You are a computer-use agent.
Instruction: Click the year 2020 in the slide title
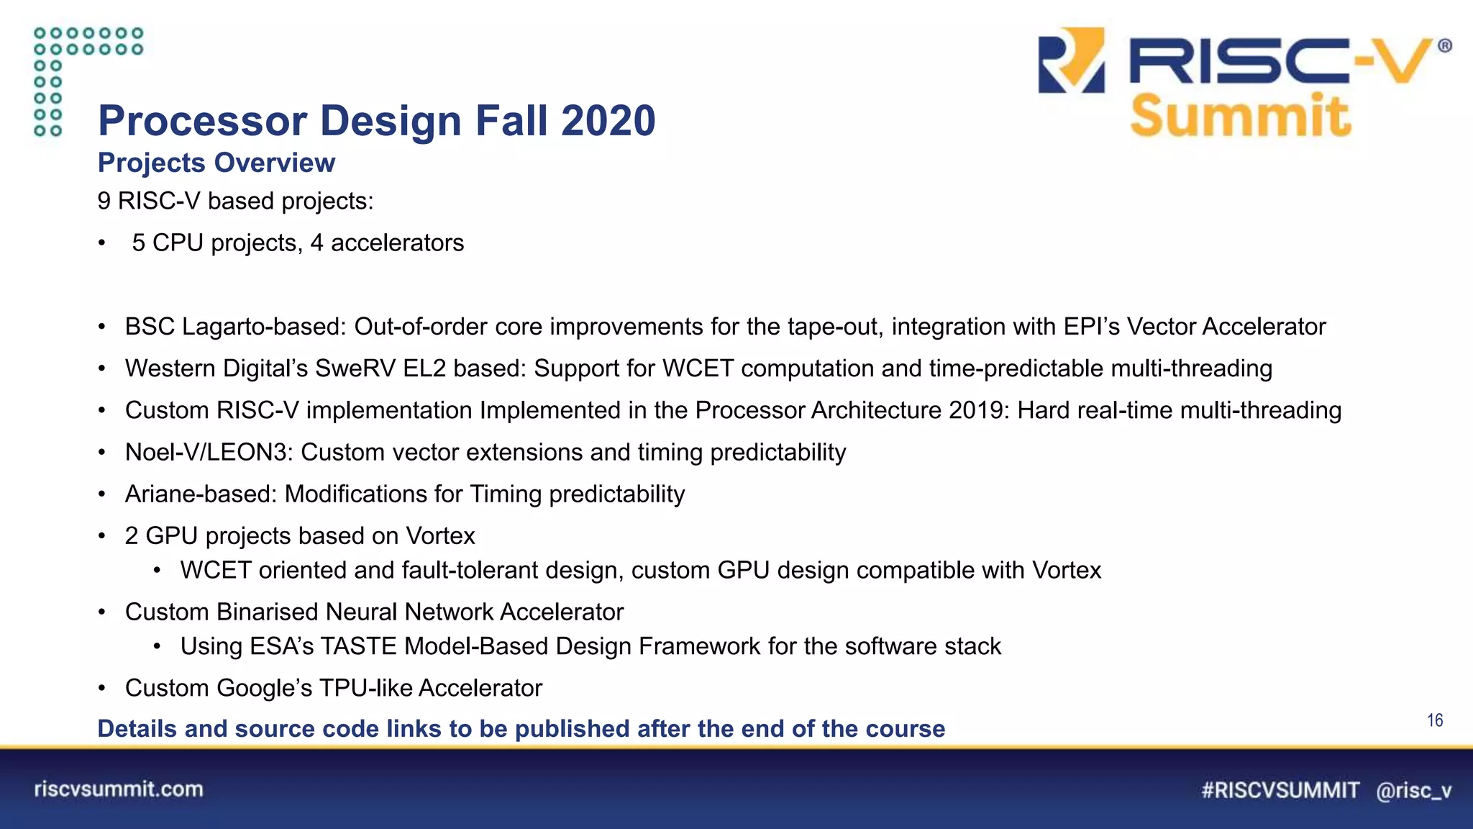608,120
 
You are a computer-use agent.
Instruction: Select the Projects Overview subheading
216,163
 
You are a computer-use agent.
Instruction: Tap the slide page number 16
1434,720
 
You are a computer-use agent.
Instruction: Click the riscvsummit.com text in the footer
119,789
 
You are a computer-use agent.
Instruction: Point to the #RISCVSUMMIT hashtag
1280,790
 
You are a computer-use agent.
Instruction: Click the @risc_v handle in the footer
1413,791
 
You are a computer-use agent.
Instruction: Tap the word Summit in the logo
1241,116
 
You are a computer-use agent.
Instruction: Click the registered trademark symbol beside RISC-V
1444,46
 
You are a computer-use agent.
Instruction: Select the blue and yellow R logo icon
1071,60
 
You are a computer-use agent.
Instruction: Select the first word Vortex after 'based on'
440,536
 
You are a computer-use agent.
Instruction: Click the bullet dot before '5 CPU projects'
102,243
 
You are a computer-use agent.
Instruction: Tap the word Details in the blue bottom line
137,728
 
